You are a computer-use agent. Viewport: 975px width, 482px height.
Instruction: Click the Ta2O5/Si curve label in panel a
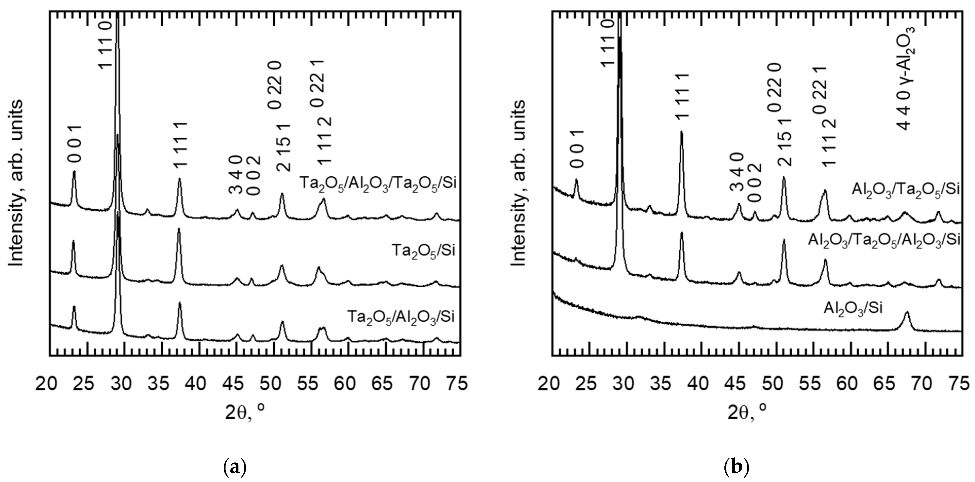423,251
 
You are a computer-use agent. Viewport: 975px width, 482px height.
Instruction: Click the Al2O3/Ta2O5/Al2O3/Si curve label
884,240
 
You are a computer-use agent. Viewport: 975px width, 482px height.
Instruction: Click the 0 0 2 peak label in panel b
755,182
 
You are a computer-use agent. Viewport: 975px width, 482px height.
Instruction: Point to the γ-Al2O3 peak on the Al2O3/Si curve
907,312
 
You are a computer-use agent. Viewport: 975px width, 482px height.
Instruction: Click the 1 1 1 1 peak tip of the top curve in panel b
682,132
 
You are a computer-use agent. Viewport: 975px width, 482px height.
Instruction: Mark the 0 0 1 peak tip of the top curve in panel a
74,172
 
